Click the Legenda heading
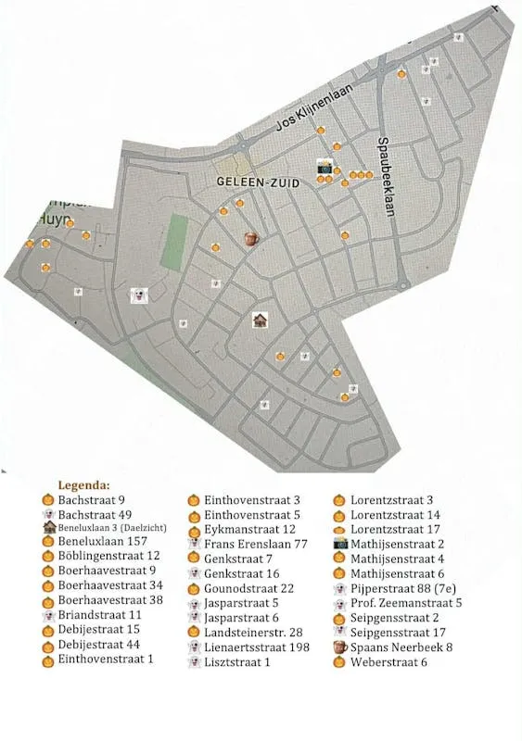83,484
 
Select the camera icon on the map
325,167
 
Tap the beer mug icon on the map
250,239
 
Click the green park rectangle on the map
174,244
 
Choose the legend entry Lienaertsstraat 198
257,647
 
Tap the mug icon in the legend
339,647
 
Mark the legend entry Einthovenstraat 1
105,659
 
